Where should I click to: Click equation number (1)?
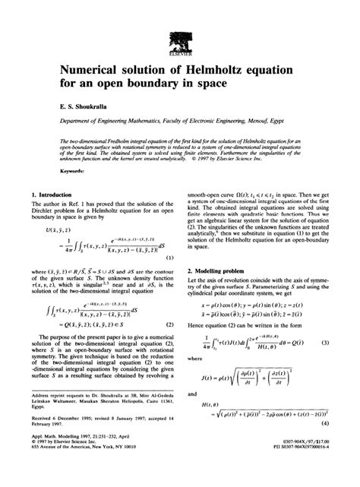click(172, 257)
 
